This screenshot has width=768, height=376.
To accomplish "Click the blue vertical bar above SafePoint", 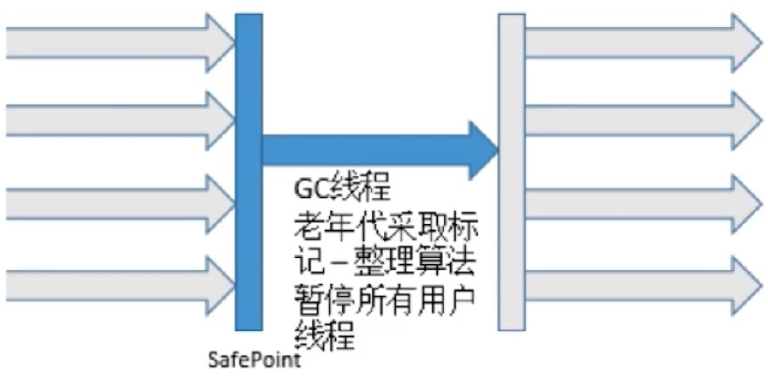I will click(248, 174).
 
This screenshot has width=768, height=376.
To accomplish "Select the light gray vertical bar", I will click(511, 174).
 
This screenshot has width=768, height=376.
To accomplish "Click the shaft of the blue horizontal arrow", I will click(365, 148).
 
